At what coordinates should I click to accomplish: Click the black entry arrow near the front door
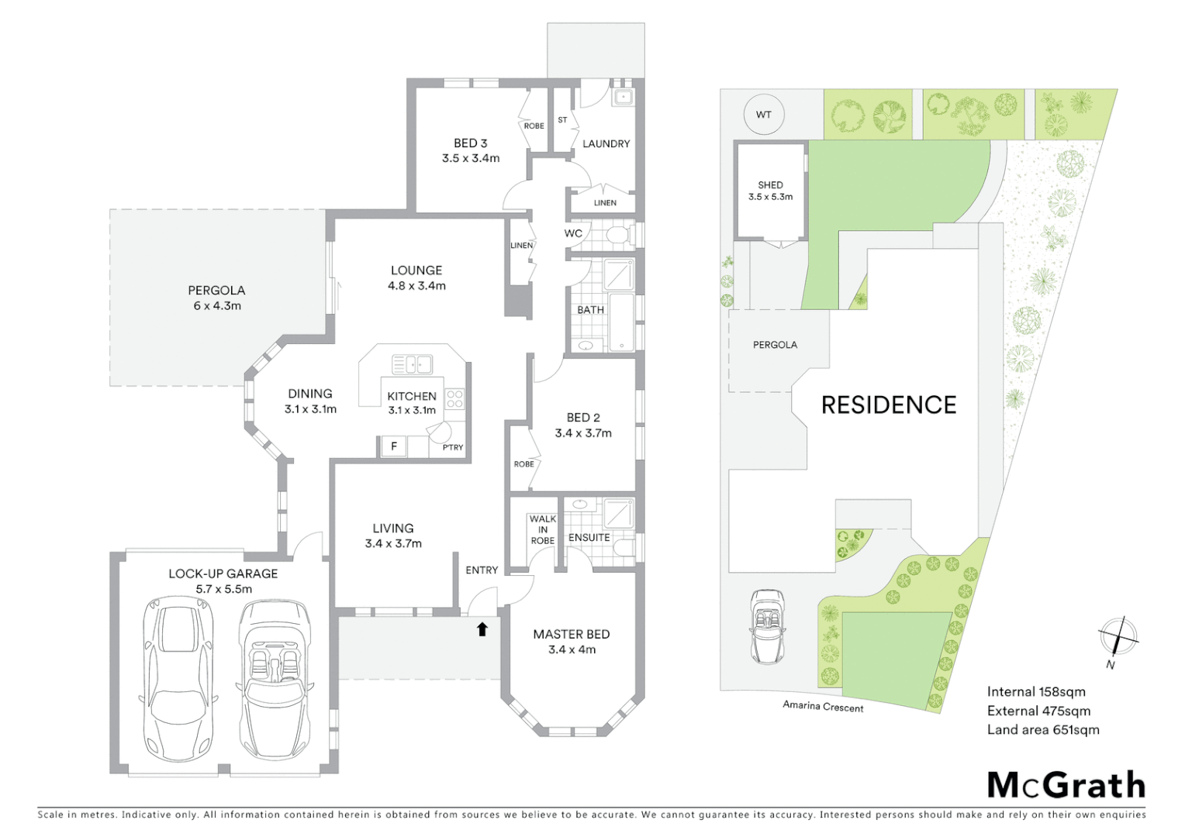(x=482, y=629)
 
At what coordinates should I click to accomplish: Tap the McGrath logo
(x=1066, y=785)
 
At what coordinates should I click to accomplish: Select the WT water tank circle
(x=763, y=115)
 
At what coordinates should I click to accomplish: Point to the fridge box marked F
(x=394, y=446)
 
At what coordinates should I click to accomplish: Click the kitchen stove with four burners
(x=454, y=399)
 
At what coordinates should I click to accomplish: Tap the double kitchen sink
(x=412, y=363)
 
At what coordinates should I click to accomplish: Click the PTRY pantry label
(x=453, y=448)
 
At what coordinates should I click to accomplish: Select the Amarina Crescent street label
(x=822, y=706)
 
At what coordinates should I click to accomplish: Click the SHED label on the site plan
(x=770, y=185)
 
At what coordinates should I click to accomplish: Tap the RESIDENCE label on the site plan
(x=888, y=405)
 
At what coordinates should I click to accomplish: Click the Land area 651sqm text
(x=1042, y=730)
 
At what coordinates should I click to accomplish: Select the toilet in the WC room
(x=618, y=235)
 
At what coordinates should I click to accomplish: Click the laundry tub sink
(x=623, y=98)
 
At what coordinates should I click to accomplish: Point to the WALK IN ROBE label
(x=542, y=530)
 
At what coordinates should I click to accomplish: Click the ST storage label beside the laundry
(x=562, y=120)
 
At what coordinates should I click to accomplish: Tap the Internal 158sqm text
(x=1035, y=692)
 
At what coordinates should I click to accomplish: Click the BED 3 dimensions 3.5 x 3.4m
(x=471, y=158)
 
